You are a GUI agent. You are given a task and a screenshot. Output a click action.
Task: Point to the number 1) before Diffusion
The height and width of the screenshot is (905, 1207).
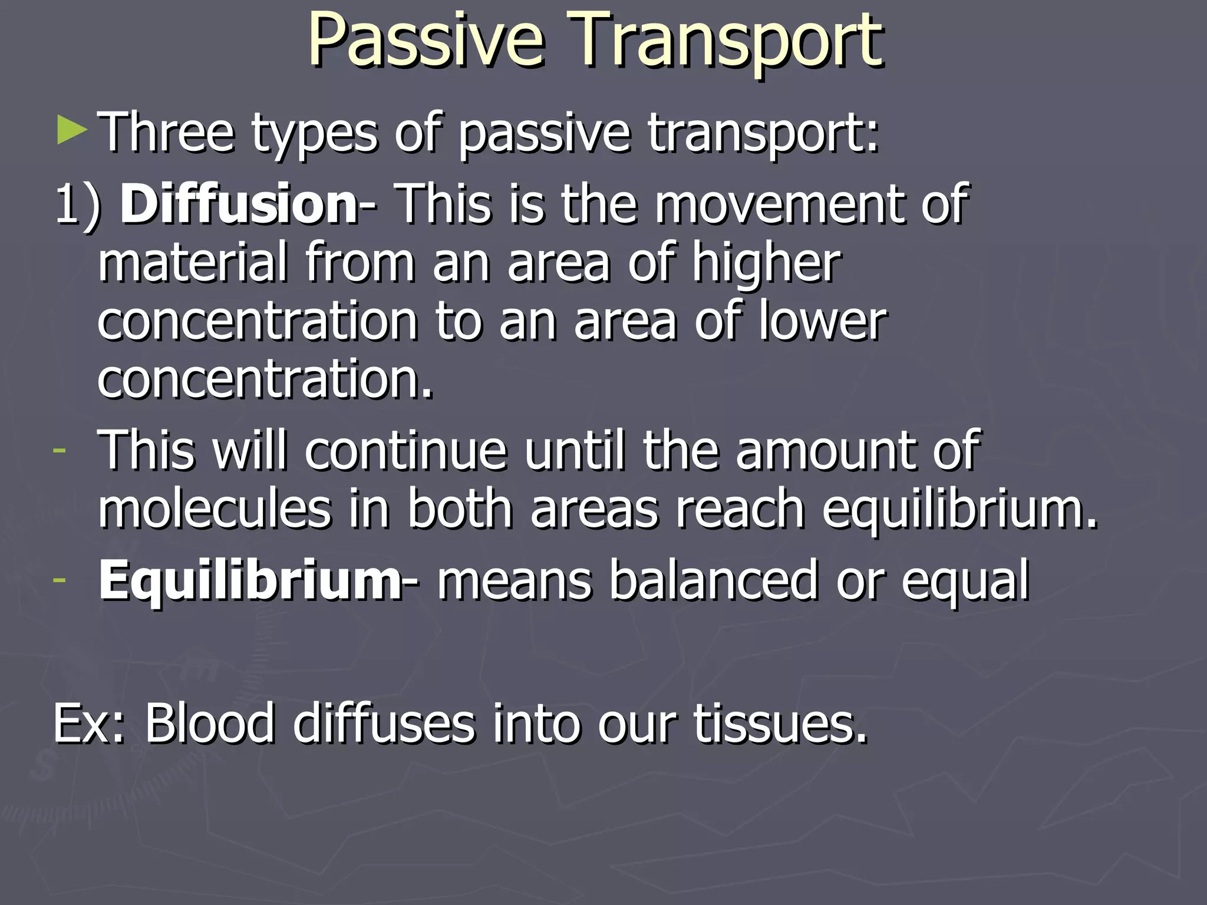click(78, 204)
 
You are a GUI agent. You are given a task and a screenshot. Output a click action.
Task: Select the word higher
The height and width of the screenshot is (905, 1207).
click(766, 263)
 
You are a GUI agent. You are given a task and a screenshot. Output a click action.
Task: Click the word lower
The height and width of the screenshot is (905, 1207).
click(823, 321)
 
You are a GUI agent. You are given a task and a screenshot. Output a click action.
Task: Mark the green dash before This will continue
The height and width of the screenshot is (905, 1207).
click(59, 450)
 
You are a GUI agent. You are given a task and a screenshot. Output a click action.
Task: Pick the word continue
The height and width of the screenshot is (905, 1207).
click(406, 451)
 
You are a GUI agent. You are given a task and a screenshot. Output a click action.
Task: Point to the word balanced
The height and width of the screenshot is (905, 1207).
click(713, 580)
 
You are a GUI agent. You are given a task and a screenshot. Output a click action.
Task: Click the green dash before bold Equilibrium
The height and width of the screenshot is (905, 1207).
click(59, 579)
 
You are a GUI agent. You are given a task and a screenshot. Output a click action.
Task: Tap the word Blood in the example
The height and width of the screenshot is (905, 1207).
click(210, 723)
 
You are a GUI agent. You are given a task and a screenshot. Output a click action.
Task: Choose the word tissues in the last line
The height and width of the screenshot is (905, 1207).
click(780, 723)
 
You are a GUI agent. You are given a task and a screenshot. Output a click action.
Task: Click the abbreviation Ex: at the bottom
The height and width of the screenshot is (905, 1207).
click(88, 723)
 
